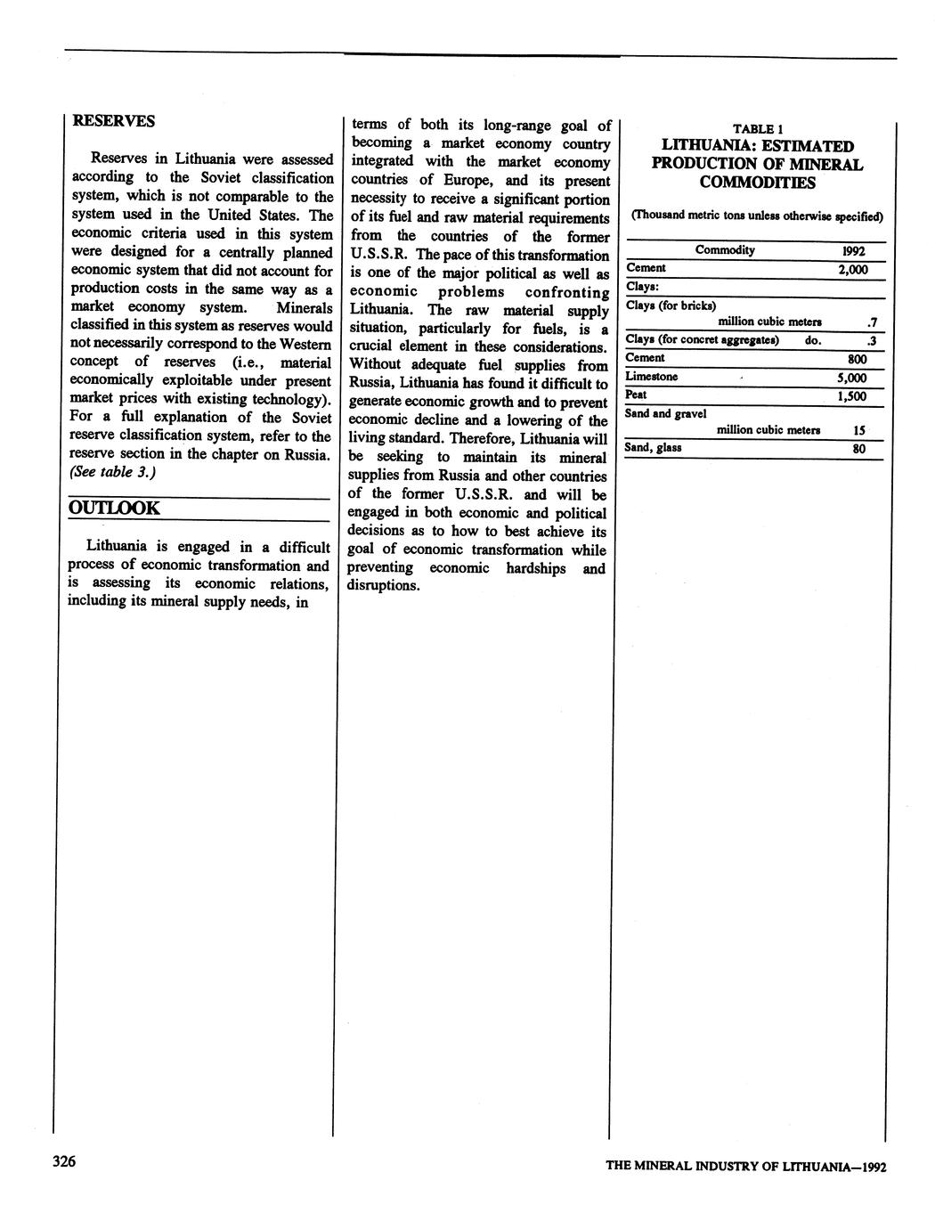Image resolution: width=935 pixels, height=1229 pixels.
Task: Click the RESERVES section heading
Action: (113, 120)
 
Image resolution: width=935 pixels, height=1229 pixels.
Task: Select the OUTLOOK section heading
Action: (115, 509)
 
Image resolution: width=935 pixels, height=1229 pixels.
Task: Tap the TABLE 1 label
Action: (757, 128)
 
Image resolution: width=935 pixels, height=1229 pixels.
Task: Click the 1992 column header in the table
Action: (853, 251)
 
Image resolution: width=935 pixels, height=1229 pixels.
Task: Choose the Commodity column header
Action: (725, 250)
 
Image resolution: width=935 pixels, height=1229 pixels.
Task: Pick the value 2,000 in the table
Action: (852, 270)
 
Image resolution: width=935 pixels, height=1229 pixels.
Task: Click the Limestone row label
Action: (651, 377)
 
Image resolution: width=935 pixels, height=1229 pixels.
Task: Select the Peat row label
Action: (636, 395)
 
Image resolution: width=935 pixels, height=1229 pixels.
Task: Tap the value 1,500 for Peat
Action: (851, 396)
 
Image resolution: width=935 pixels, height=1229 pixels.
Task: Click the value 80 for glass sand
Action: (858, 449)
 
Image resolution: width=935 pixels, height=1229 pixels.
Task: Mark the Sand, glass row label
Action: (653, 447)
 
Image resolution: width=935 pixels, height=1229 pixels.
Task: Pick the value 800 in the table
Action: (857, 359)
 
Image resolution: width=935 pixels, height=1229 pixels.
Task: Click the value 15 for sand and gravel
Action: (859, 430)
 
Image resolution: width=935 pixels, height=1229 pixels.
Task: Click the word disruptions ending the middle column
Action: (383, 586)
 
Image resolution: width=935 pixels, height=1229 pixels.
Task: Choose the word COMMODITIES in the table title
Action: (756, 183)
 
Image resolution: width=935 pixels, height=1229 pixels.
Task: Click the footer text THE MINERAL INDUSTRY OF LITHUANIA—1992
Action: (745, 1166)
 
